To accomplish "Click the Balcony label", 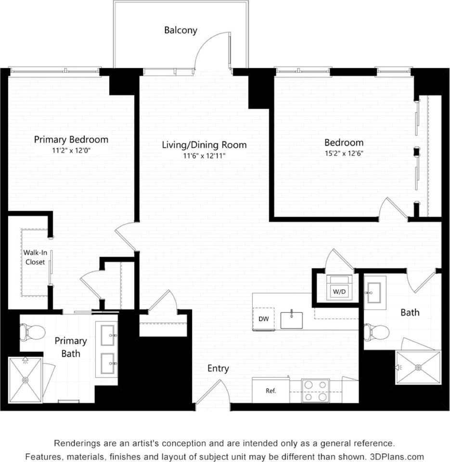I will [180, 30].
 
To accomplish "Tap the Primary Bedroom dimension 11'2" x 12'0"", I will [71, 150].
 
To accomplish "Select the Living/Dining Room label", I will [204, 145].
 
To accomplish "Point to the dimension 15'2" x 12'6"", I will [344, 154].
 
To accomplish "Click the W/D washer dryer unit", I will [342, 288].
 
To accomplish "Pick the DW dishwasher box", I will [263, 319].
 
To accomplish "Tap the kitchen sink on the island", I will [291, 320].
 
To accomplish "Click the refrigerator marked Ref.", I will [270, 390].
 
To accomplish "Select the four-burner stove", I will [315, 390].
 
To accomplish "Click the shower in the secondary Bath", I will [418, 368].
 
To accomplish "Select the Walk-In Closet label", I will [35, 257].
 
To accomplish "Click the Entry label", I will [218, 369].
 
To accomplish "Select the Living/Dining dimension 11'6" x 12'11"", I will [204, 156].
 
